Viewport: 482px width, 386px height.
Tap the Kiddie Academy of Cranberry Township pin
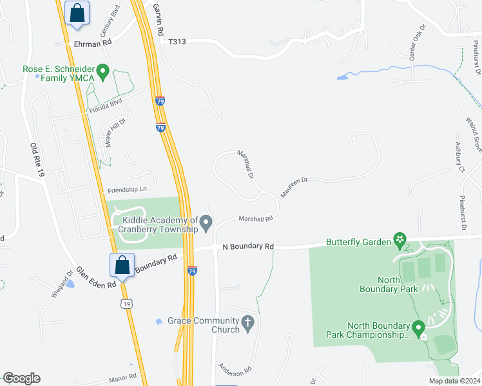pos(207,224)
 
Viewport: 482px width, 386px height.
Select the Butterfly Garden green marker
pos(400,241)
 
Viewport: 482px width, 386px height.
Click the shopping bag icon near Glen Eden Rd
pos(122,265)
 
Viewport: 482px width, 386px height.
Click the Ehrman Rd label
pos(93,42)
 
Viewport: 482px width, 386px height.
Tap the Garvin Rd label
pos(159,20)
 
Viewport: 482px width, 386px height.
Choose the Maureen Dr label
pos(295,187)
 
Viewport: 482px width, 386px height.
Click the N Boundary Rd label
pos(248,246)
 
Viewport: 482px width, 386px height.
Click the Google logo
pos(21,378)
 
